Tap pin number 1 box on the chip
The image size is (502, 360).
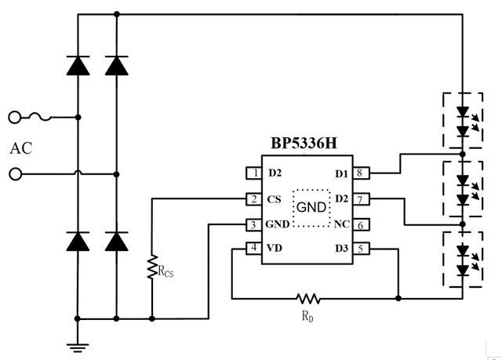253,173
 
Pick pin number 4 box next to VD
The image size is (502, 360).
253,249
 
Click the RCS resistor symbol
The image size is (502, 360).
152,268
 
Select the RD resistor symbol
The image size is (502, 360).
308,298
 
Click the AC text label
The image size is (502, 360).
21,148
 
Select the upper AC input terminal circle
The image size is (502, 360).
14,118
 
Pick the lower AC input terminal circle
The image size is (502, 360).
14,174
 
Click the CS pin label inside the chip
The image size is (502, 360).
274,199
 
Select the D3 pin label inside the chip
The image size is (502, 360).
340,249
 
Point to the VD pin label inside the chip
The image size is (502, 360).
275,249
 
